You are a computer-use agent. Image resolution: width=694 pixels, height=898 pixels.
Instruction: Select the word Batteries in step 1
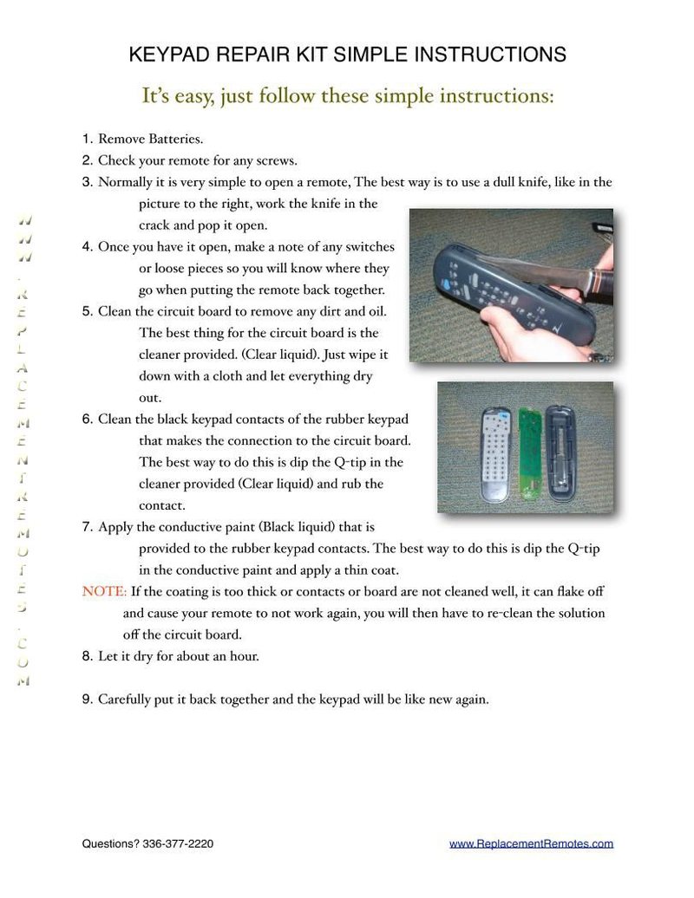click(x=174, y=139)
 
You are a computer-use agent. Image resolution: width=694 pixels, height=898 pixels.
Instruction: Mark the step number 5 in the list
click(x=87, y=311)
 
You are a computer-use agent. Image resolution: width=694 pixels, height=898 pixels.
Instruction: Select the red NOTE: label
click(x=104, y=591)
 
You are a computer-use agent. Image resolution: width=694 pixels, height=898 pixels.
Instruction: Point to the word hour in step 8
click(x=243, y=656)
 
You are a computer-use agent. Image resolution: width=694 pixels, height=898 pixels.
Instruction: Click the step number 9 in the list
click(x=87, y=700)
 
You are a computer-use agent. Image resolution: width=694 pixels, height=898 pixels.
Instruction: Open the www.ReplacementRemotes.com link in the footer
click(x=531, y=843)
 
